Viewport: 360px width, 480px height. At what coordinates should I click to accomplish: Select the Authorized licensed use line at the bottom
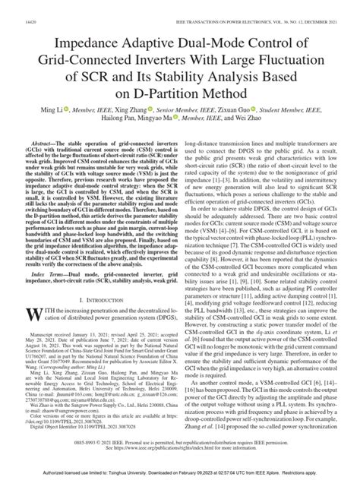click(180, 474)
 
